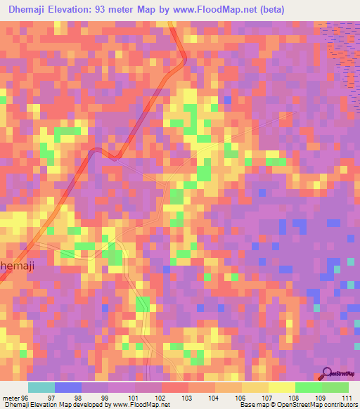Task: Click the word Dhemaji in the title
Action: pos(32,10)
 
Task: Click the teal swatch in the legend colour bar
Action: pos(41,387)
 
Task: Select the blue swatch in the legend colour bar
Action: pos(67,387)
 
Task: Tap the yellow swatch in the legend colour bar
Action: pos(281,387)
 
